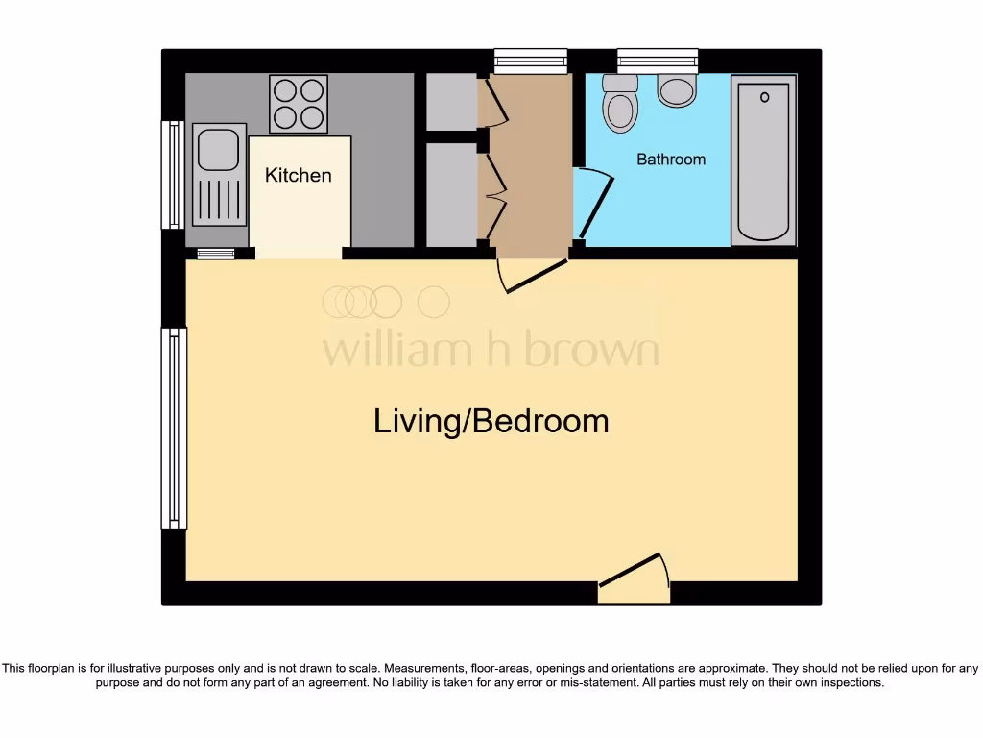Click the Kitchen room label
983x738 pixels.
point(298,175)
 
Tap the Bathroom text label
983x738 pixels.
point(671,160)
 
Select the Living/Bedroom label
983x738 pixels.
point(491,421)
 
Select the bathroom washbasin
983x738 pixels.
point(677,91)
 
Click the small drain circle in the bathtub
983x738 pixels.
point(765,97)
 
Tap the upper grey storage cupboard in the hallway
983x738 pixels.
point(451,101)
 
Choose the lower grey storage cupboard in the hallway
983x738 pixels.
point(451,194)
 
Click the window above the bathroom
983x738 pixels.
point(658,61)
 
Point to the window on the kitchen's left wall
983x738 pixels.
point(173,175)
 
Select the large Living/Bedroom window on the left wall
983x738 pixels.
point(174,428)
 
